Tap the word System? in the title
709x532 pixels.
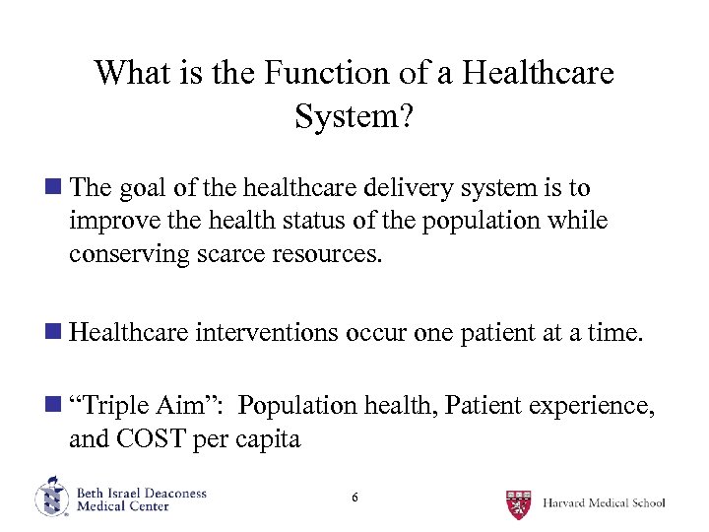pos(354,116)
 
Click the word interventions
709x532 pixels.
pos(267,333)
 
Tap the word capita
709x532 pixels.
pos(267,438)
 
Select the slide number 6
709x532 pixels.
pos(354,499)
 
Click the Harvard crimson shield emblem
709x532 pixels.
pos(519,502)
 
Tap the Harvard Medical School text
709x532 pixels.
pos(604,502)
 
